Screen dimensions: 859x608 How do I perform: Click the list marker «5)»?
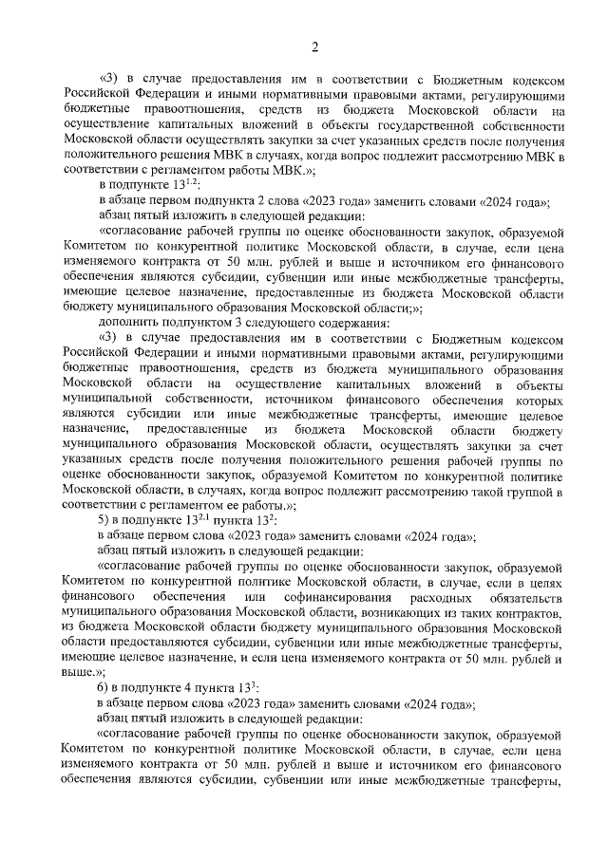coord(106,521)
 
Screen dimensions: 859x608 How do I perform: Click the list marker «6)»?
coord(106,687)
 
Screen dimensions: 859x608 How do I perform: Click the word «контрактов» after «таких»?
coord(533,612)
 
